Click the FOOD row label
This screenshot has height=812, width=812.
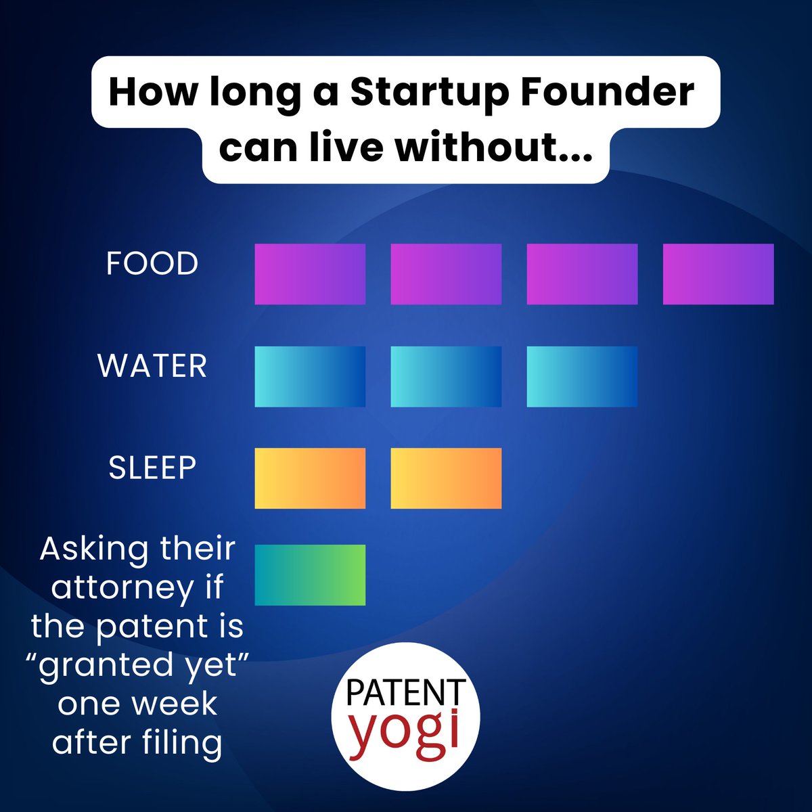[152, 263]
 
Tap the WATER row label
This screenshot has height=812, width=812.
[152, 366]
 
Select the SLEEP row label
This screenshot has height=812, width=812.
[152, 468]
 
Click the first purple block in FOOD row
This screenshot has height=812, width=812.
[310, 274]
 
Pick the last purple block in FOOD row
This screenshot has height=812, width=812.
[718, 274]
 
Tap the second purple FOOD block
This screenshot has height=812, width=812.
[446, 274]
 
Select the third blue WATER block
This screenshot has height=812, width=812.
[582, 376]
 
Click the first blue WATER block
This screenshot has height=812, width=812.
[310, 376]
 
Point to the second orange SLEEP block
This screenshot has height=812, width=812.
[446, 478]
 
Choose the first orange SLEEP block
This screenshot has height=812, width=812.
[310, 478]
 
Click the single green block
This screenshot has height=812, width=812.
[310, 574]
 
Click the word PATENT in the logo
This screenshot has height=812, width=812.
[405, 694]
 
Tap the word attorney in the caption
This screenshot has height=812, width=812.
[122, 588]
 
